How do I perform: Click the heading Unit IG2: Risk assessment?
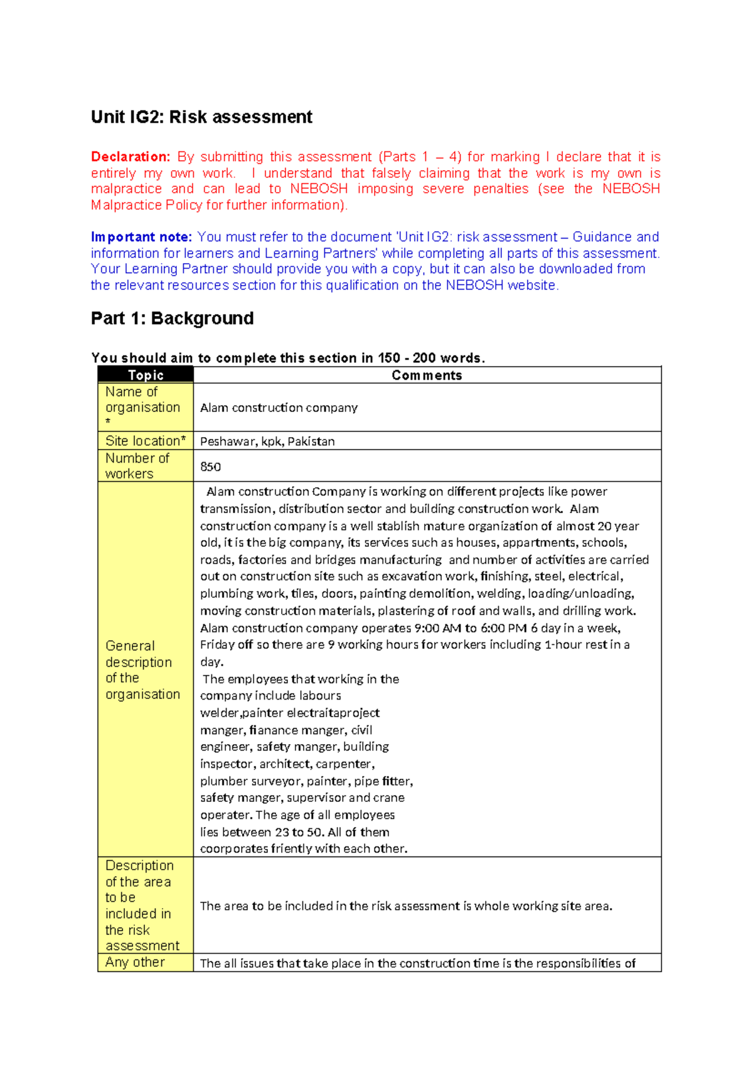click(201, 117)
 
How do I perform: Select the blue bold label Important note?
click(141, 237)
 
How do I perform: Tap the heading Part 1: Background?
click(172, 318)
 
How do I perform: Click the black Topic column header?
click(146, 376)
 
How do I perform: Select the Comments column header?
click(427, 376)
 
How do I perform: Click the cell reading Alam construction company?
click(279, 408)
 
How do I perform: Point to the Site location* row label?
click(146, 441)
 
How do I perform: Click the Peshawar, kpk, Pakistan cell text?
click(267, 441)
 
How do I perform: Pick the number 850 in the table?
click(210, 467)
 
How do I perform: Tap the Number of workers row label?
click(137, 466)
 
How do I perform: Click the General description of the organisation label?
click(142, 670)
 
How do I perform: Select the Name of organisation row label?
click(142, 400)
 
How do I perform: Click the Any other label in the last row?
click(135, 962)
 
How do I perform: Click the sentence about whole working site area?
click(406, 906)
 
